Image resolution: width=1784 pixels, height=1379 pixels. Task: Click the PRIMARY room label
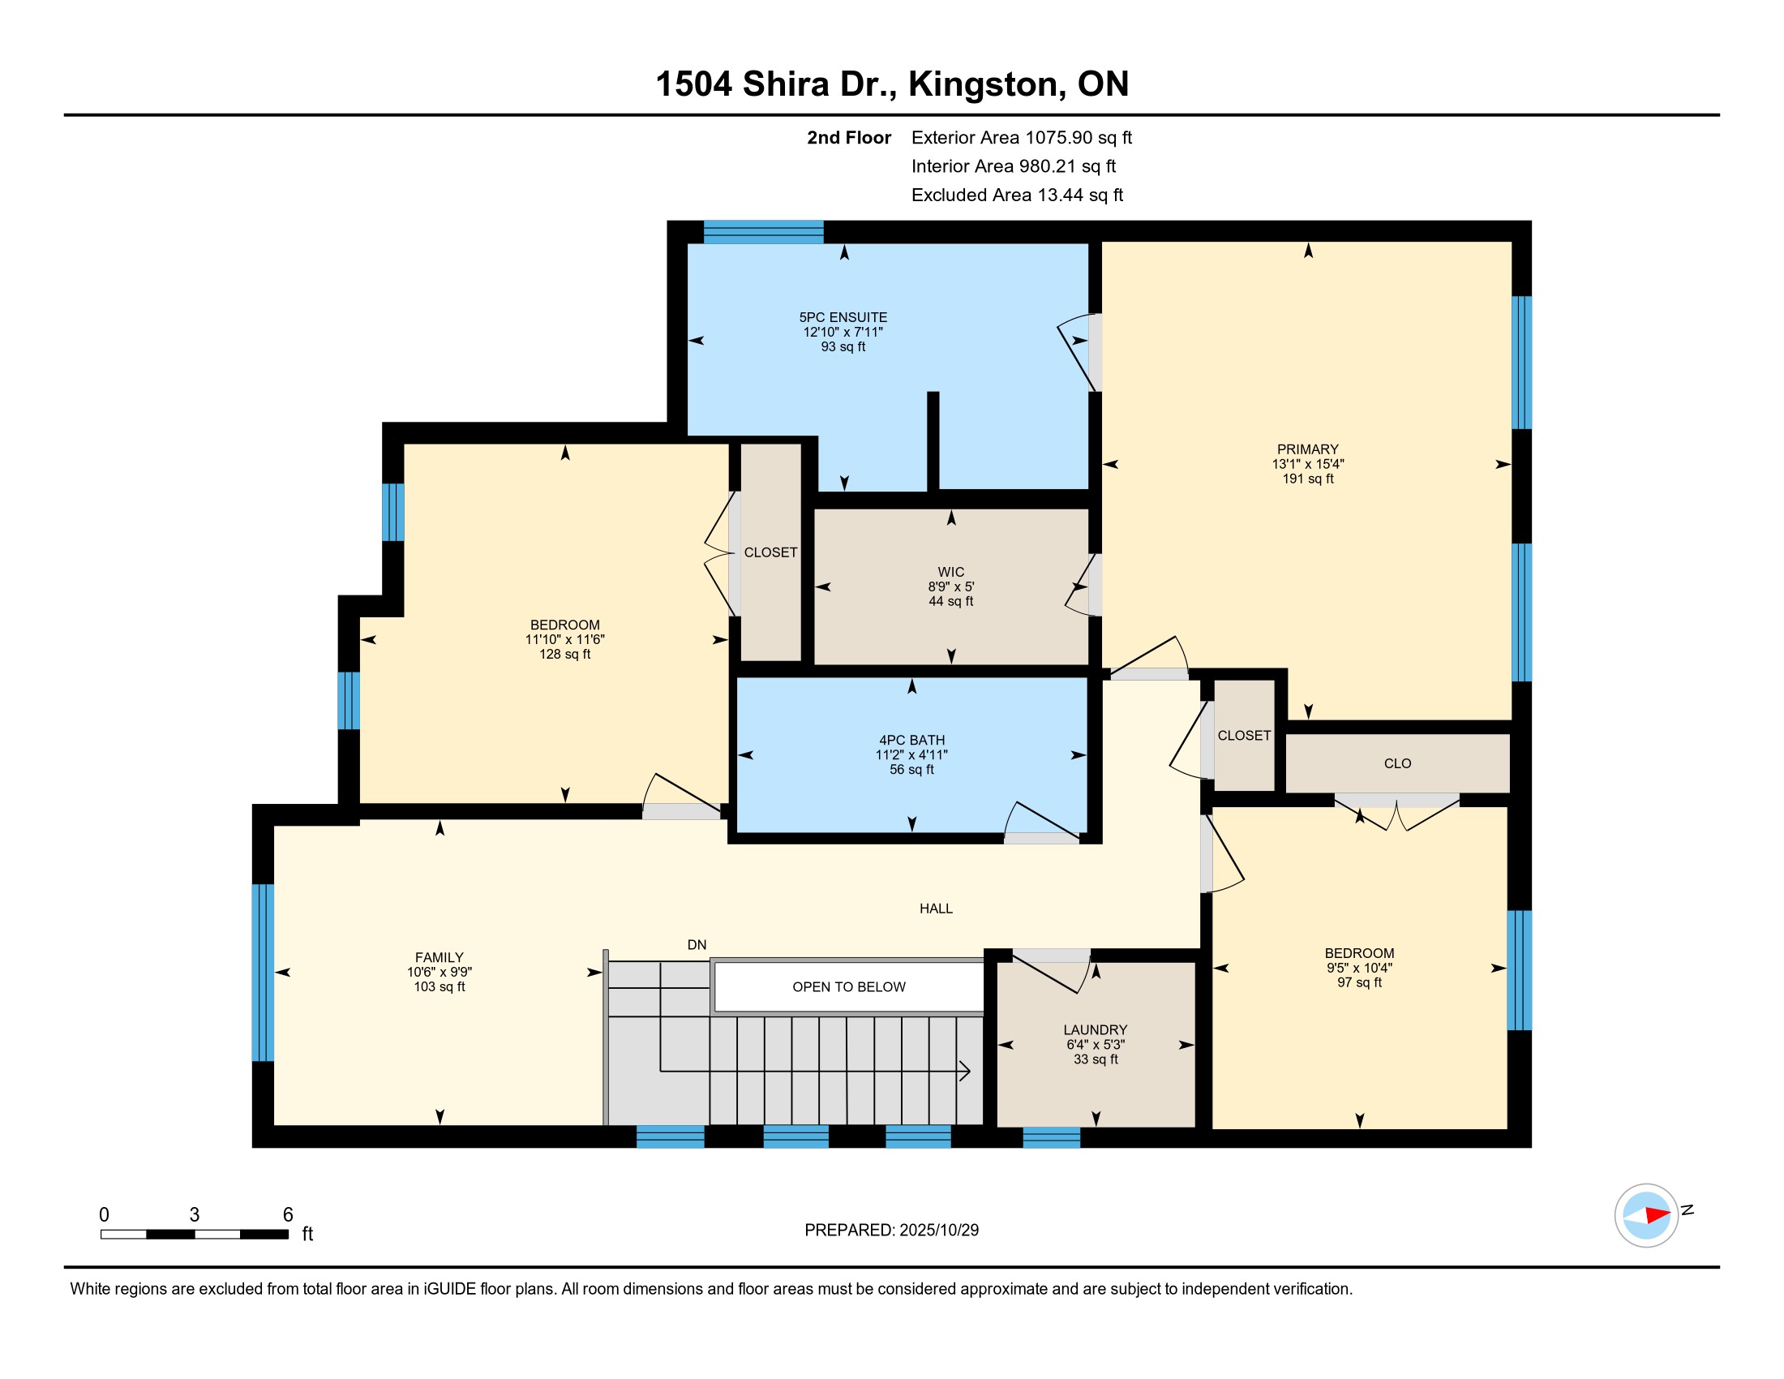pyautogui.click(x=1308, y=449)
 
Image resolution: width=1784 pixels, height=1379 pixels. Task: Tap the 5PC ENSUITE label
pyautogui.click(x=843, y=317)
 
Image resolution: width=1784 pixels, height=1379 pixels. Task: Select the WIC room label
pyautogui.click(x=951, y=572)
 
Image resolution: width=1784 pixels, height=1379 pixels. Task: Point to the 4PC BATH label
pyautogui.click(x=911, y=740)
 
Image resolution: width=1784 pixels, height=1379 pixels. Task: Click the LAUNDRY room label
pyautogui.click(x=1096, y=1030)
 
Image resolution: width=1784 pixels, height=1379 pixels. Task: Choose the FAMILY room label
pyautogui.click(x=440, y=957)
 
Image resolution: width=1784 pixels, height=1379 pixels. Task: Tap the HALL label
pyautogui.click(x=936, y=909)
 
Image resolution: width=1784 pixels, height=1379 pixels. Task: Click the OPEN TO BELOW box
pyautogui.click(x=849, y=987)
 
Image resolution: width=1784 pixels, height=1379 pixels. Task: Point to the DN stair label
pyautogui.click(x=697, y=945)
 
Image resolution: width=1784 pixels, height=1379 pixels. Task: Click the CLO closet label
pyautogui.click(x=1398, y=764)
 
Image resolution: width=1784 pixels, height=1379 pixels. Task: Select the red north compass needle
pyautogui.click(x=1657, y=1215)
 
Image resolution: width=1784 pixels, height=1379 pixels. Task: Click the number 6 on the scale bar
pyautogui.click(x=288, y=1215)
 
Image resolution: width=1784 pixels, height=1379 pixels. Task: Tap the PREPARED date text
pyautogui.click(x=891, y=1231)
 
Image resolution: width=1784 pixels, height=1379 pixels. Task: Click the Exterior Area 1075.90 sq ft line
pyautogui.click(x=1021, y=138)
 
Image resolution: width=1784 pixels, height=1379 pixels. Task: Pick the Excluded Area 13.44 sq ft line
pyautogui.click(x=1017, y=195)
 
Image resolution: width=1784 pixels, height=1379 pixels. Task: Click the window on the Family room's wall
pyautogui.click(x=262, y=972)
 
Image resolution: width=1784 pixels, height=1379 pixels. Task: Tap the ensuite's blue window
pyautogui.click(x=764, y=232)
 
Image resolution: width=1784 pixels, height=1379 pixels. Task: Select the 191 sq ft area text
pyautogui.click(x=1308, y=479)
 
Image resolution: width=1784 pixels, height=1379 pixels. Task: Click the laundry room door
pyautogui.click(x=1051, y=971)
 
